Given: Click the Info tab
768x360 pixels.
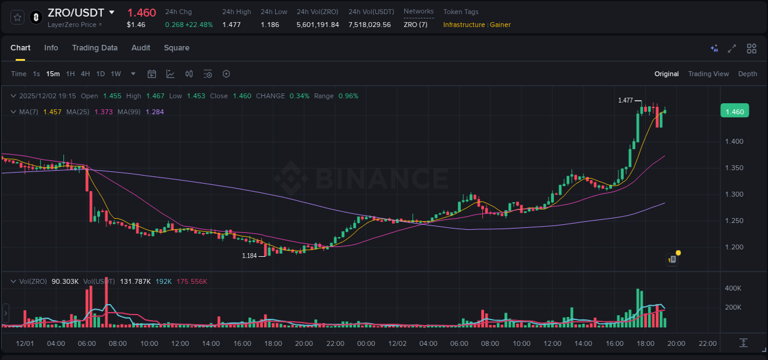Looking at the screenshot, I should tap(51, 48).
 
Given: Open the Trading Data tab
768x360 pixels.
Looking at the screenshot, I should tap(95, 48).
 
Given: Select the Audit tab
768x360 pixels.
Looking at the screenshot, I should tap(141, 48).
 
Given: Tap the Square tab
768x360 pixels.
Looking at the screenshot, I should tap(176, 48).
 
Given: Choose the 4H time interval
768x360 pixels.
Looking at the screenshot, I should tap(85, 74).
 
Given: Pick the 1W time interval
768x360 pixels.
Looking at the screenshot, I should tap(116, 74).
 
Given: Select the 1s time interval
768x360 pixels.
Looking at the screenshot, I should tap(36, 74).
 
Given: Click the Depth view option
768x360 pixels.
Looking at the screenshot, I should tap(747, 74).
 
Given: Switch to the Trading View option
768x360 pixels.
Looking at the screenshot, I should tap(708, 74).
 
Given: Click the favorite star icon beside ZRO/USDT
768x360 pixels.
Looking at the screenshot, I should tap(17, 17).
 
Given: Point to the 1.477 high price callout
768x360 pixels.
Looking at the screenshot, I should tap(625, 100).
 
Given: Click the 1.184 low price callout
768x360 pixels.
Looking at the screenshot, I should tap(249, 256).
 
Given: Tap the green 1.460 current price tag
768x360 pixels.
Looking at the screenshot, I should tap(734, 111).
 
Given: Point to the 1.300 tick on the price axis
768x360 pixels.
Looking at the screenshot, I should tap(734, 194).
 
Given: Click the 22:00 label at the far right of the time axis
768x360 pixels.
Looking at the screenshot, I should tap(707, 343).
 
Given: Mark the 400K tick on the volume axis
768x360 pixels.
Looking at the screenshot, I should tap(732, 288).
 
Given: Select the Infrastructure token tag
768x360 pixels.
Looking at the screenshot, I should tap(464, 25).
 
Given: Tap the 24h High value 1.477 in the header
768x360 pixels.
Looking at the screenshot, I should tap(231, 25).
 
